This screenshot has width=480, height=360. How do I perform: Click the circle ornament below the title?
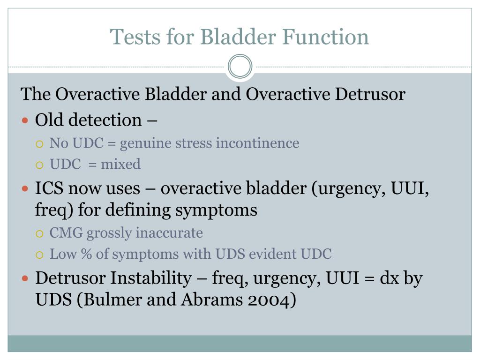(240, 67)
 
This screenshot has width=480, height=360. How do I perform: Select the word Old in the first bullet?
(50, 120)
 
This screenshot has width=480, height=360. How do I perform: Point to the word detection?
(105, 120)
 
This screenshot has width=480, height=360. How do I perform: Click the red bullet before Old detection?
(26, 120)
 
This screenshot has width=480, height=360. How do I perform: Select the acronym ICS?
(49, 188)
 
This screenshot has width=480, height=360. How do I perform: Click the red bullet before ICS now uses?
(26, 189)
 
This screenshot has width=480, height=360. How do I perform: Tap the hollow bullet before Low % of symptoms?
(40, 255)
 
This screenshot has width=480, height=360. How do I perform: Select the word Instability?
(150, 278)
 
